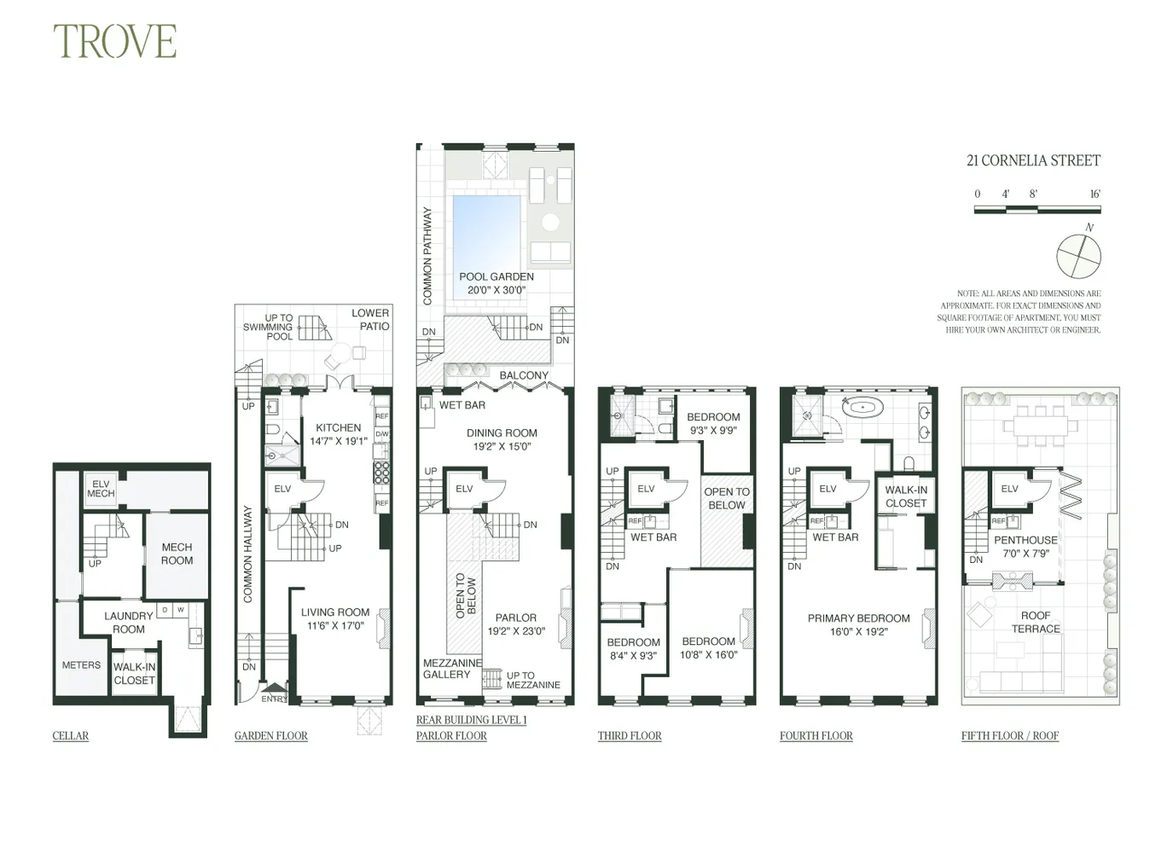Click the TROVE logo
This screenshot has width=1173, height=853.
(114, 41)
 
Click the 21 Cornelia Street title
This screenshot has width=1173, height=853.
(1033, 160)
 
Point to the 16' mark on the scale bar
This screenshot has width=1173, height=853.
(1095, 194)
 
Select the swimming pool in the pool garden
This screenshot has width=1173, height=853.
(485, 222)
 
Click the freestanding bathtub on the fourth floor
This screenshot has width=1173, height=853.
(862, 407)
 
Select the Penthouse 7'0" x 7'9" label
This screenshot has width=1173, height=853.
(1025, 546)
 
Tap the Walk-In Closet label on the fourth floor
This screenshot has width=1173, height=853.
(905, 496)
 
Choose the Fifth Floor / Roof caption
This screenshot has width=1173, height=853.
(1009, 735)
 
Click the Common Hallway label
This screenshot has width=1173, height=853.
(248, 554)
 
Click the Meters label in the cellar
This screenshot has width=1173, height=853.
(81, 664)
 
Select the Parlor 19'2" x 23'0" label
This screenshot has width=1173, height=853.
(516, 624)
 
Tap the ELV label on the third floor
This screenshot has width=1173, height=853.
(646, 489)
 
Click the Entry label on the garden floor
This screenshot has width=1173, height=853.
(274, 699)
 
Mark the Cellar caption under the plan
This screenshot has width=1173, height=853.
(70, 735)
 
